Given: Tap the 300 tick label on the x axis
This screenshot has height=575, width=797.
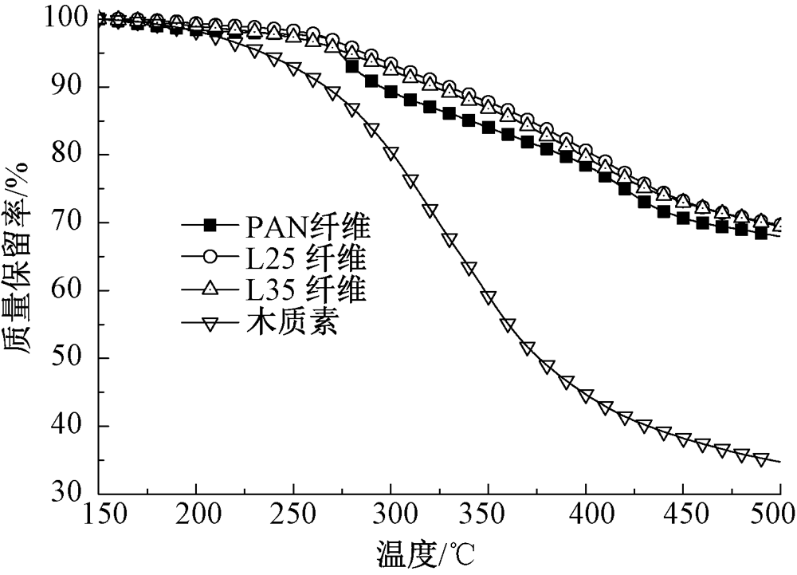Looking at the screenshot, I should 391,517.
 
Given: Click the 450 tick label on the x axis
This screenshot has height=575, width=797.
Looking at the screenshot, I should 683,517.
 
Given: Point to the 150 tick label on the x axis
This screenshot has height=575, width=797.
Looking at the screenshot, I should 98,517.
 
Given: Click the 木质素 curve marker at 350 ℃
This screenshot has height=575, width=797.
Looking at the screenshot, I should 488,297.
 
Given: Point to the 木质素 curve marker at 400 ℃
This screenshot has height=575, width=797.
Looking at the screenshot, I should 586,396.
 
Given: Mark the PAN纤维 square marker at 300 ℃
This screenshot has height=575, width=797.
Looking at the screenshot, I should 391,92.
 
